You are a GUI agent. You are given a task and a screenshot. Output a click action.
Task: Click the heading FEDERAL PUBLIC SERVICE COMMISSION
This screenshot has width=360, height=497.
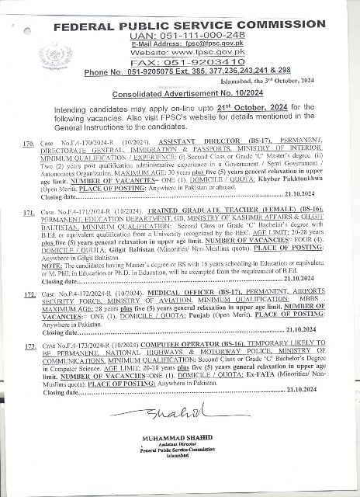(195, 25)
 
